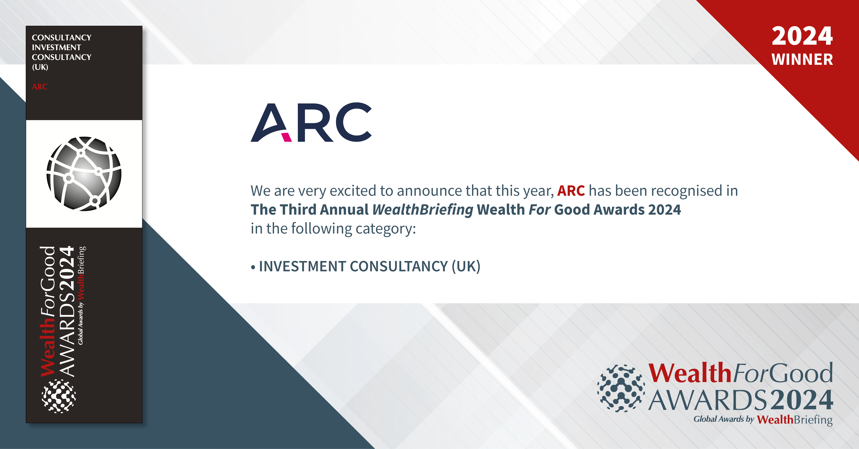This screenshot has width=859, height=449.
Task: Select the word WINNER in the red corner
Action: tap(802, 60)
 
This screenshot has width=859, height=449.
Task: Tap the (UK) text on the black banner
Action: tap(40, 67)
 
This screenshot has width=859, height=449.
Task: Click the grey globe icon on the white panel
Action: tap(84, 174)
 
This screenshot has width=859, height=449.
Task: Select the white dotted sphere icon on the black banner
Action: tap(59, 396)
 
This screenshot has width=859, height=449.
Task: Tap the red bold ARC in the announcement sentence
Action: tap(571, 191)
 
